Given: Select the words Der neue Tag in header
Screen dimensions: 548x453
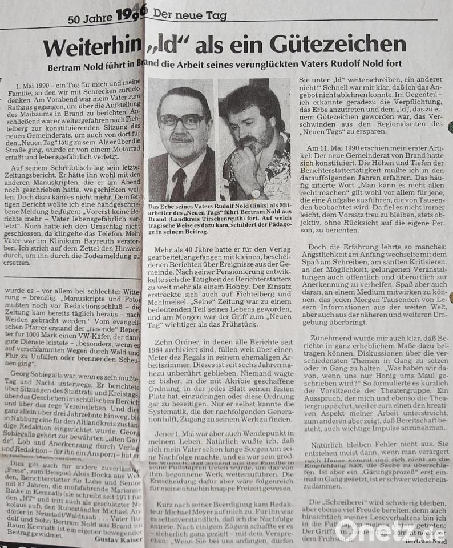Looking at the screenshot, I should pos(189,15).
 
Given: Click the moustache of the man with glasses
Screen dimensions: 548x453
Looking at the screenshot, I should pos(181,138).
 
